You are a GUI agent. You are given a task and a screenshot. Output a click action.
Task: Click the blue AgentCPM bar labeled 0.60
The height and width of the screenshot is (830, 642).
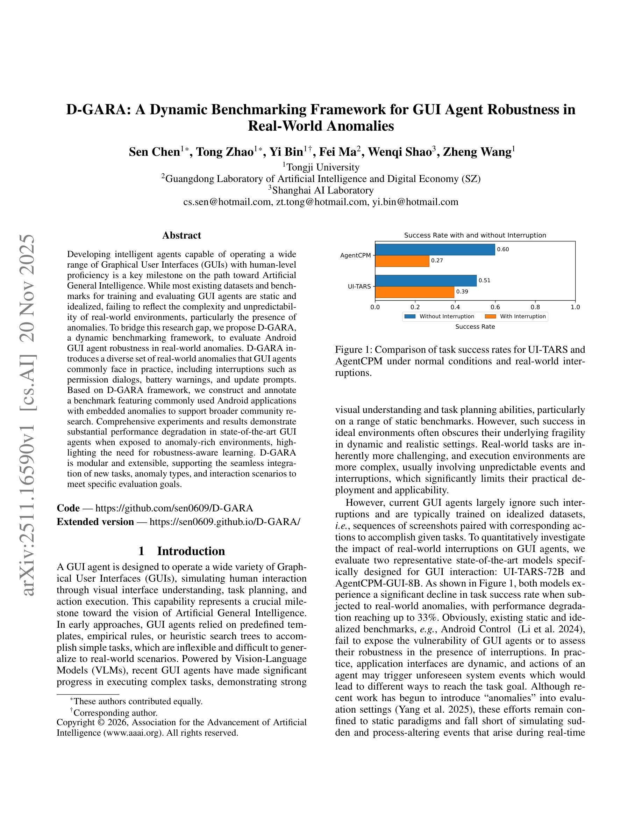435,250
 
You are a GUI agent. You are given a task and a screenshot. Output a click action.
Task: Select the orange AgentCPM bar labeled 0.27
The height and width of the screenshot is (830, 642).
402,261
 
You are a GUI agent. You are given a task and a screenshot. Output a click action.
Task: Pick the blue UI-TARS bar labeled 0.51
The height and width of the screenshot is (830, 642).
426,281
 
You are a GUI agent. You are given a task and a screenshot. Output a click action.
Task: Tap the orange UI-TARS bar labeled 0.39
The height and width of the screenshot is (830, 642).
415,292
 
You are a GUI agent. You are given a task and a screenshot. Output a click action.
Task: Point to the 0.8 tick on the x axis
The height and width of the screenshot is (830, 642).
535,307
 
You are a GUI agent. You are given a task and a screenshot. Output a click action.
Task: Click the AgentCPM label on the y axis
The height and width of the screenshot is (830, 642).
355,255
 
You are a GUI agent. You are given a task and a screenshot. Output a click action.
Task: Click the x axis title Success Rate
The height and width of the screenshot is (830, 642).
475,327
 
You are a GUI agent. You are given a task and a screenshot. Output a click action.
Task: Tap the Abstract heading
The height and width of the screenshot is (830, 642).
181,235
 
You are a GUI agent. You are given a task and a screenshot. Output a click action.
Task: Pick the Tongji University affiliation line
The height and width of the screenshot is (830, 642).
322,167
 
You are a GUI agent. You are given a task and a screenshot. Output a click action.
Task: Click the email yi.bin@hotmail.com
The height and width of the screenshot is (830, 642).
415,202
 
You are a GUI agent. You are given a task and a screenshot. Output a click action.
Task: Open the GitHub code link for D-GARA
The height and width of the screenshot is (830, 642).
174,508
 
